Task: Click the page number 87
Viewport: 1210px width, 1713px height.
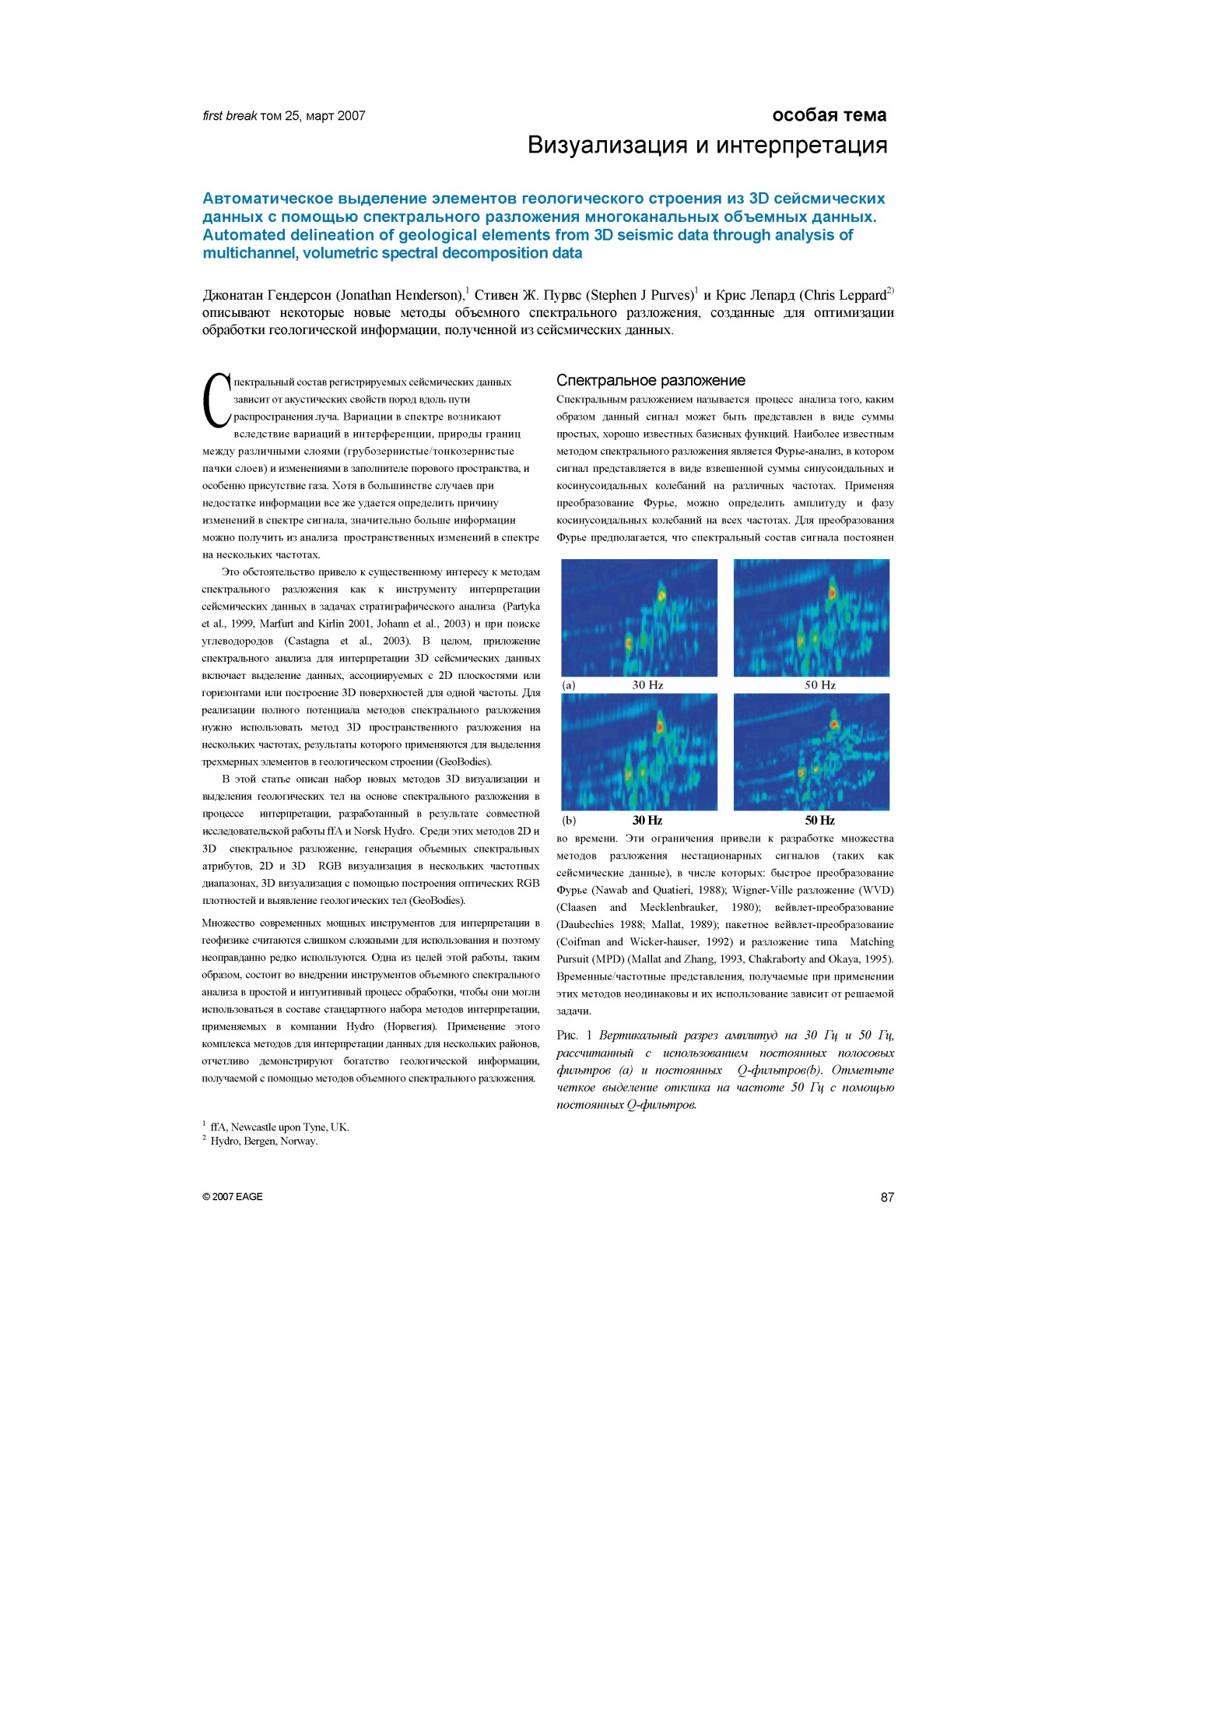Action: (x=887, y=1197)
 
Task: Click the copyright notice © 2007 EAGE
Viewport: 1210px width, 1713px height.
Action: (x=232, y=1197)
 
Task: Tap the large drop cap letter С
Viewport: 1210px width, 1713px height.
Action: (x=216, y=400)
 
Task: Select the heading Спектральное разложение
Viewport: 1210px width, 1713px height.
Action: (x=651, y=380)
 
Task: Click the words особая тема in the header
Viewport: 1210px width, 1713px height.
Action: (x=829, y=115)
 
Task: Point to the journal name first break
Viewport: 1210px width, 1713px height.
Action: (x=230, y=116)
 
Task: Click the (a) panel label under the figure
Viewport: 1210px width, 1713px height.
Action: (x=569, y=685)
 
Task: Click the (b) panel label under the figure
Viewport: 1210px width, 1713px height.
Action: (x=569, y=820)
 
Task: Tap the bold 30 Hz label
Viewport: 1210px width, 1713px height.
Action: (x=647, y=820)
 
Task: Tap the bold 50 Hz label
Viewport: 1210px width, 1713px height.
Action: (x=820, y=820)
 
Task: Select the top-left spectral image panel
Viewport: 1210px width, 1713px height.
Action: (x=639, y=617)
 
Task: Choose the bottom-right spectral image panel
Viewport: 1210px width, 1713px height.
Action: (x=812, y=751)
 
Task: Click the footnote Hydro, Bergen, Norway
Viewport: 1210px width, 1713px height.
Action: (x=264, y=1141)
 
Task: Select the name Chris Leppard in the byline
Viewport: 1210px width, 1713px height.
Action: (x=845, y=295)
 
